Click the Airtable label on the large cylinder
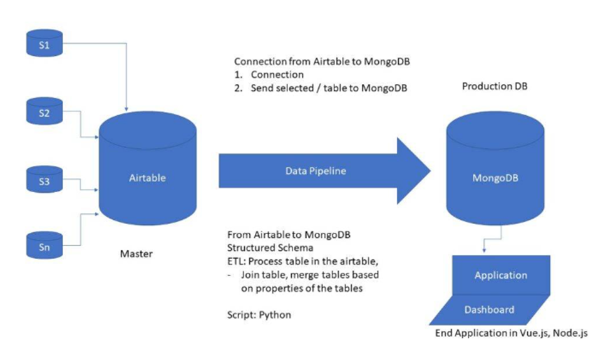pos(148,177)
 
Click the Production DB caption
pos(495,86)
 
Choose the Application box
pos(500,275)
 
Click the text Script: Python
pos(259,314)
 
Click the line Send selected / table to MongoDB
pos(329,88)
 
